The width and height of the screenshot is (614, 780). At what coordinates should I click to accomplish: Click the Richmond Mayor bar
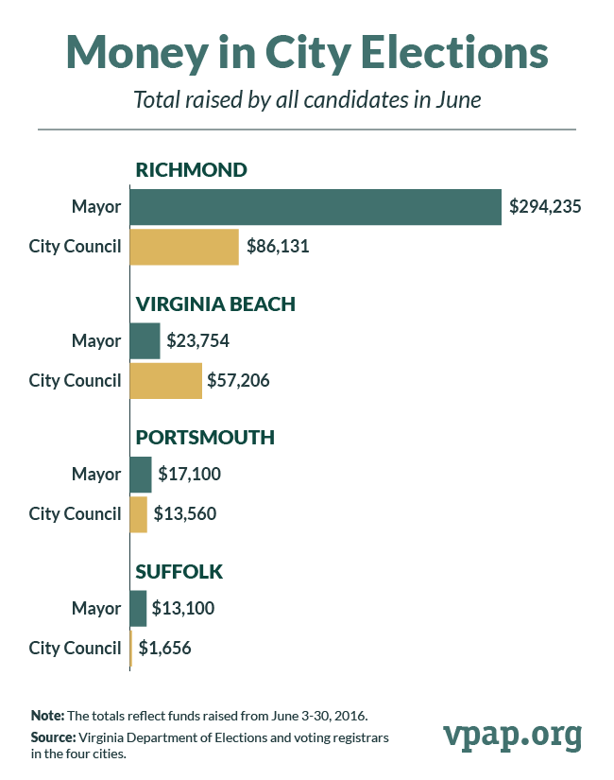pos(315,207)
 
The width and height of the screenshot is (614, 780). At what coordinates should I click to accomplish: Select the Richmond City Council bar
pos(184,247)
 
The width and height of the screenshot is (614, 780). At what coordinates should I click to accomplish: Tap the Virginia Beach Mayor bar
pos(145,340)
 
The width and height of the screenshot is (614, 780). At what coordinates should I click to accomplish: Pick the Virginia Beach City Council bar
pos(165,380)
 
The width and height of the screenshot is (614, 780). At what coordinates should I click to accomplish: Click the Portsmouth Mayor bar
pos(141,474)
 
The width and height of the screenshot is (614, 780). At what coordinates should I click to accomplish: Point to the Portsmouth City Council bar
pos(139,513)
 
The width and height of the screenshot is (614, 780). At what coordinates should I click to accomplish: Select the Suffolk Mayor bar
pos(138,608)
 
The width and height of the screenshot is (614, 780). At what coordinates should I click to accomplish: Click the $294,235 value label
pos(544,207)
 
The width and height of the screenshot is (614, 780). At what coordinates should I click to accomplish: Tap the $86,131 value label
pos(278,247)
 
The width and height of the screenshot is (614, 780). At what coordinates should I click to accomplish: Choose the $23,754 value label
pos(198,340)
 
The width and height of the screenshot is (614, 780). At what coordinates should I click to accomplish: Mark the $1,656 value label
pos(170,648)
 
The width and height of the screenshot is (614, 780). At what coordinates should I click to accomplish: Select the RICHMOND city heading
pos(192,170)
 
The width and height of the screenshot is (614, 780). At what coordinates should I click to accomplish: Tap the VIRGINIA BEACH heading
pos(216,303)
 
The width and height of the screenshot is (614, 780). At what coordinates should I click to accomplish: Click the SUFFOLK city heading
pos(179,571)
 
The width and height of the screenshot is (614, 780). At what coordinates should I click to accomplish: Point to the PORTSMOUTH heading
pos(205,438)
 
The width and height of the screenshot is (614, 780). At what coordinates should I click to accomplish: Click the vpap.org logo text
pos(512,734)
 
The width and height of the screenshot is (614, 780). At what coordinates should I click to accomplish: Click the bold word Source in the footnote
pos(53,736)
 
